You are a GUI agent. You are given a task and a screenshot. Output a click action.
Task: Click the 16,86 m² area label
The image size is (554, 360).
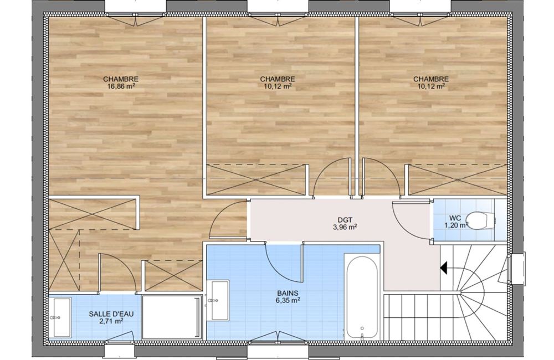pyautogui.click(x=120, y=86)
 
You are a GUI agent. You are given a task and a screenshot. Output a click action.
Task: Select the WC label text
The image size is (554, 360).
pyautogui.click(x=455, y=217)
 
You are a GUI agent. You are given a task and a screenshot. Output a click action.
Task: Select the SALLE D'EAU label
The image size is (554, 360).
pyautogui.click(x=111, y=313)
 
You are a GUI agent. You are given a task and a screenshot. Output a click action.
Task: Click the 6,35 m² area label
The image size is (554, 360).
pyautogui.click(x=288, y=300)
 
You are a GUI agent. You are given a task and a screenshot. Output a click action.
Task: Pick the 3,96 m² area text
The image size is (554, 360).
pyautogui.click(x=345, y=227)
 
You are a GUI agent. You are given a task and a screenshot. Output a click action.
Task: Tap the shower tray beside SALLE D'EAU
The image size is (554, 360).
pyautogui.click(x=172, y=317)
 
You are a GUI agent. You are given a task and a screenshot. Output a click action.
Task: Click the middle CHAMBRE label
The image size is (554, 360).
pyautogui.click(x=278, y=79)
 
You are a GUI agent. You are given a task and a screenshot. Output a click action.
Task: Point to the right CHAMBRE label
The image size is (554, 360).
pyautogui.click(x=431, y=79)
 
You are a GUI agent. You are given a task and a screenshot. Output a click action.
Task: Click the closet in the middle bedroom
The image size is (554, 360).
pyautogui.click(x=256, y=179)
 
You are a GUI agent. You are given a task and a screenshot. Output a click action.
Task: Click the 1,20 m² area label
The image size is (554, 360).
pyautogui.click(x=456, y=225)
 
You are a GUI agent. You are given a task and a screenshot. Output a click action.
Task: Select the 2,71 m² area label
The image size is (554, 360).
pyautogui.click(x=111, y=321)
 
